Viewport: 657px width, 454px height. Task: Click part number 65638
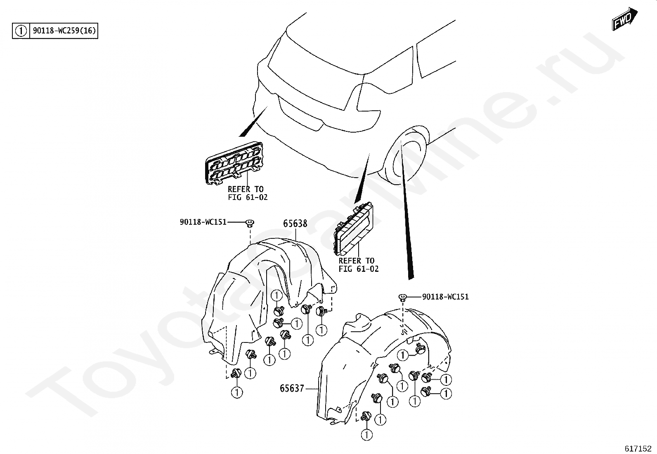click(x=295, y=223)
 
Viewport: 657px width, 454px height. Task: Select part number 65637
click(x=292, y=388)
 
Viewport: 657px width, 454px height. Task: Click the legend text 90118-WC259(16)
click(x=64, y=31)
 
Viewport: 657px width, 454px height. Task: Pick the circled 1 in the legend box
click(x=21, y=31)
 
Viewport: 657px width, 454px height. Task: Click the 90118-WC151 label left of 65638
click(x=203, y=222)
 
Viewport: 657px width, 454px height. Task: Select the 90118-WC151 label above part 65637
click(x=445, y=297)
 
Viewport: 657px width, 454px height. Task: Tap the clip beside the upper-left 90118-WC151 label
click(x=250, y=223)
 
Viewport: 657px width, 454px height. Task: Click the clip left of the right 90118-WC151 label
click(x=402, y=297)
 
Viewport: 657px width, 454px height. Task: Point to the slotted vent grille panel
click(x=234, y=164)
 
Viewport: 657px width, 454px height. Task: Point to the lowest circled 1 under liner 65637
click(x=366, y=435)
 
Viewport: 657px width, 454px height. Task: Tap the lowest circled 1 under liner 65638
click(x=237, y=392)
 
